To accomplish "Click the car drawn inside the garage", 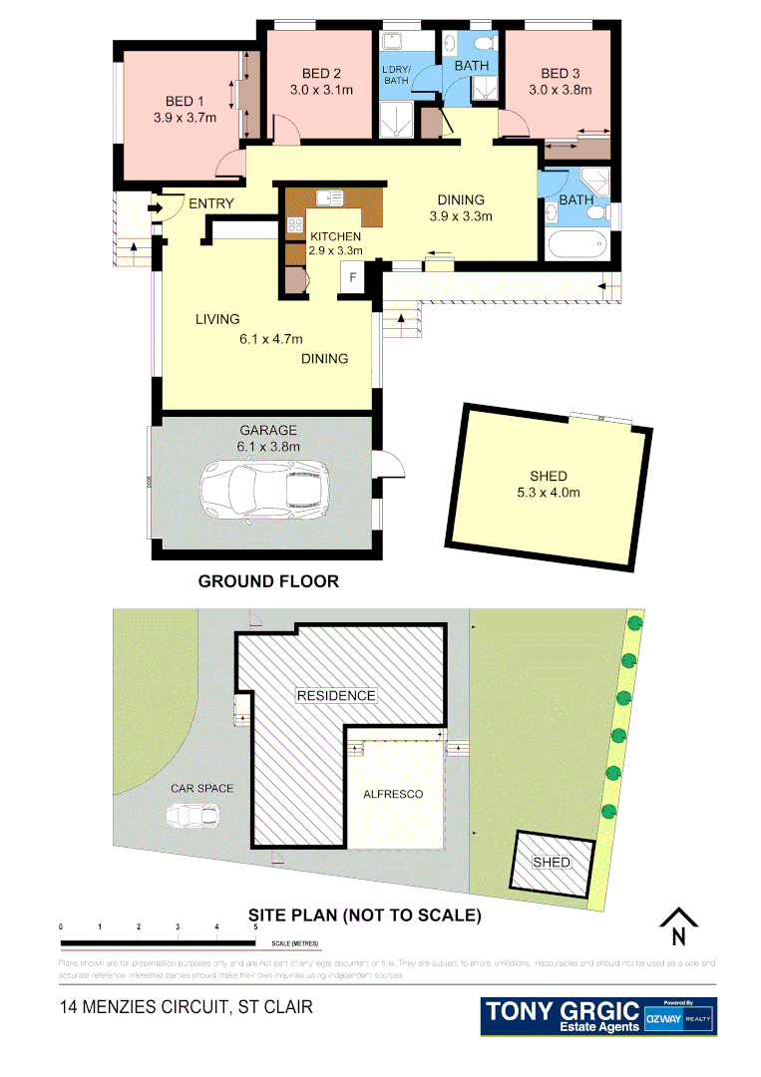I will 264,491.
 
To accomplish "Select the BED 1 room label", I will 185,101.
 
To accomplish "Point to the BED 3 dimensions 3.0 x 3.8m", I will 561,90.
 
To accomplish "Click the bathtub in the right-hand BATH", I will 575,244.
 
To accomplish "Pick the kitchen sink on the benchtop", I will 329,197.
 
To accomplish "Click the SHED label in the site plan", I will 552,862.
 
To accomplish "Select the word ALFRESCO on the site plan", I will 394,795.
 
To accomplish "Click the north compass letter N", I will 678,936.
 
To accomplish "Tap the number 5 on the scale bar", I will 256,927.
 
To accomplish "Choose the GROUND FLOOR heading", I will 268,581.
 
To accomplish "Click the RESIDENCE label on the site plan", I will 335,695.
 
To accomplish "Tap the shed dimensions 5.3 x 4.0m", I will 543,492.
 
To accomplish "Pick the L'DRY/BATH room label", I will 396,74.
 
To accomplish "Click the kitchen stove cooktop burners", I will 296,224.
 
